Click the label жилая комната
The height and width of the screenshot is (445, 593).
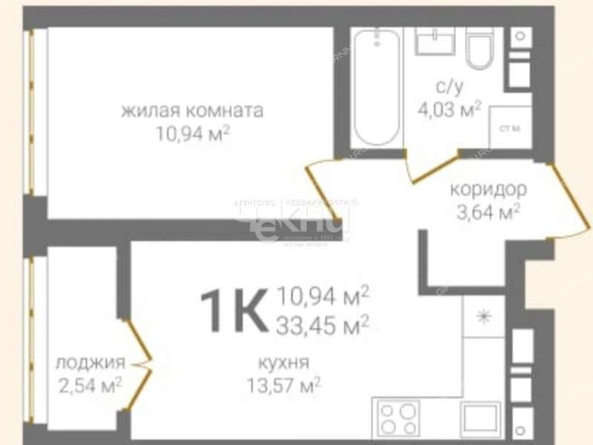pyautogui.click(x=192, y=112)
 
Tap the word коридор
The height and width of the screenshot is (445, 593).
pyautogui.click(x=488, y=189)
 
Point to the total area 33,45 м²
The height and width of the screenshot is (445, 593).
pyautogui.click(x=323, y=325)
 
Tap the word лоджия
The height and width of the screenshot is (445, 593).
pyautogui.click(x=90, y=363)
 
